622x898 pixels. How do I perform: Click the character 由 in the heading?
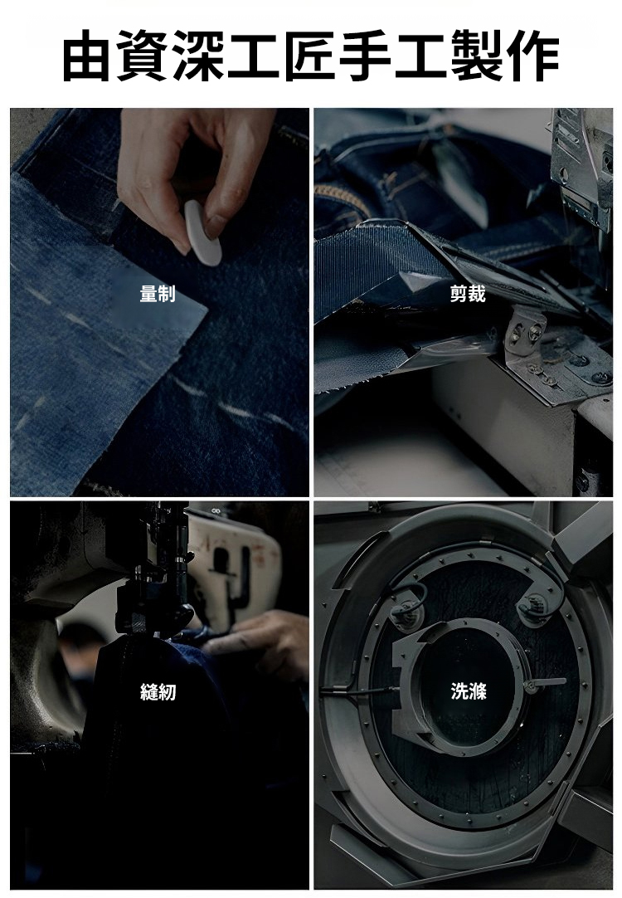85,56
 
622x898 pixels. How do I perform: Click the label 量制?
158,294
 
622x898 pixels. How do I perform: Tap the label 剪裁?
468,294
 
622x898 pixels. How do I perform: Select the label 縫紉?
158,692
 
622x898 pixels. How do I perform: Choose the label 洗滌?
469,692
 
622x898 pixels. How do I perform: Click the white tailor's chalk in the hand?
203,233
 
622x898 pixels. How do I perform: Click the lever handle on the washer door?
546,683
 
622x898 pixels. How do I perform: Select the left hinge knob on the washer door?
407,611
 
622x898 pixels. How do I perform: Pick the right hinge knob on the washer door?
533,606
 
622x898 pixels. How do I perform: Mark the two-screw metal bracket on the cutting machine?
523,332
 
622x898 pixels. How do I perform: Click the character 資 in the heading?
141,56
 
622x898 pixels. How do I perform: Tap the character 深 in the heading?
197,56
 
